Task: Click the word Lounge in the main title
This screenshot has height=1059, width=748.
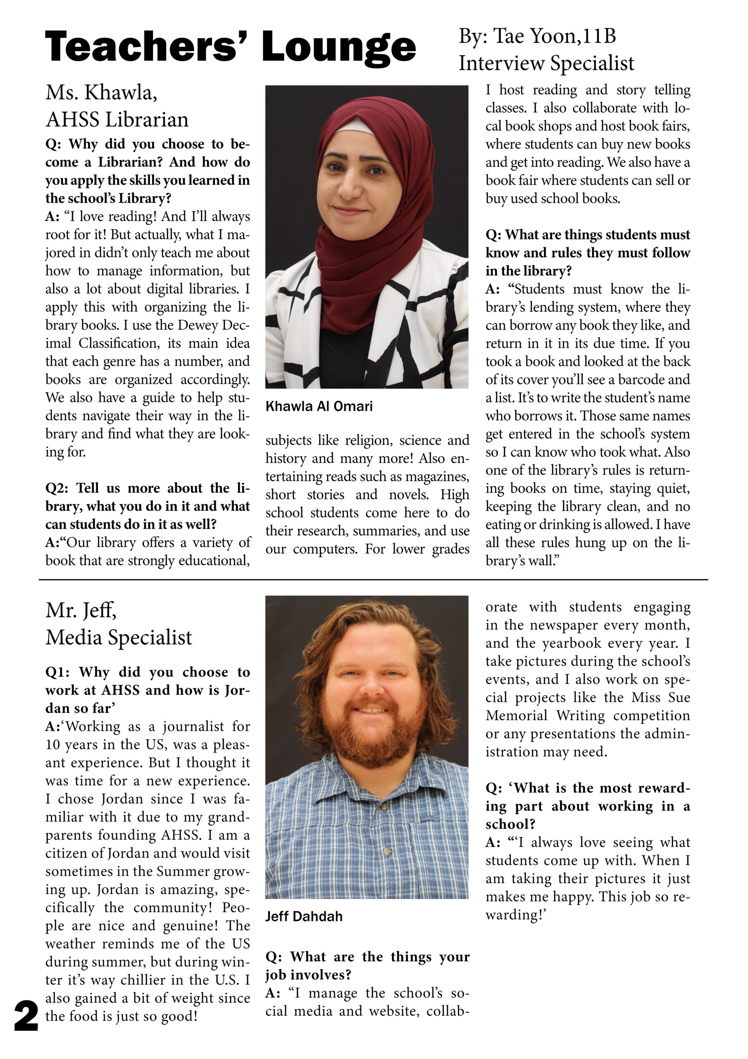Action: point(339,48)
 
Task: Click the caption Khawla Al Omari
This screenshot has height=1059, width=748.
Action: point(319,406)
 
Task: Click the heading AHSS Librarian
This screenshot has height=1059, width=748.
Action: point(117,120)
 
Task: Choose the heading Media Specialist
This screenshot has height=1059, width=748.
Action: point(119,637)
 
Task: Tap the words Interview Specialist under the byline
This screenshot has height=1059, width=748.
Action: point(546,63)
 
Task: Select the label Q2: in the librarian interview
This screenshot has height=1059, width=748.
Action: point(57,488)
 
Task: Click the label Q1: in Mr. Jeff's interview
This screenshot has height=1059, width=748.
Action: point(57,672)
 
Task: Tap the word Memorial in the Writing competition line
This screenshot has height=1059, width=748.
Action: point(516,715)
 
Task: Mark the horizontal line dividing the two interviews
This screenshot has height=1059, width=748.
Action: point(373,579)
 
